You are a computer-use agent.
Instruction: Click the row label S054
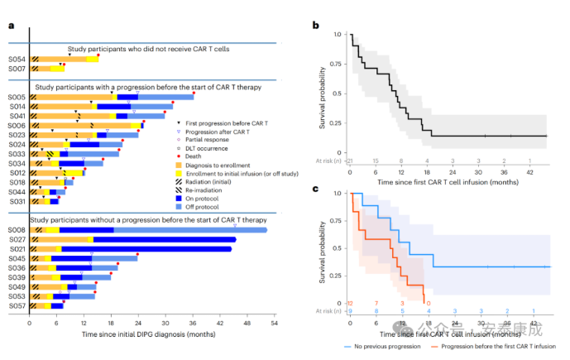[16, 59]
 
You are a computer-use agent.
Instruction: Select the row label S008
[16, 229]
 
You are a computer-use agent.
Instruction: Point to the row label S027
[16, 239]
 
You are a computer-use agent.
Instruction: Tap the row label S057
[16, 305]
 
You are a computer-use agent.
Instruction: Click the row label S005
[16, 97]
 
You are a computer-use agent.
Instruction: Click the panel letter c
[315, 190]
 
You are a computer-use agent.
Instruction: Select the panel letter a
[10, 25]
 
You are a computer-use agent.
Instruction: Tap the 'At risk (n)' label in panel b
[329, 161]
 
